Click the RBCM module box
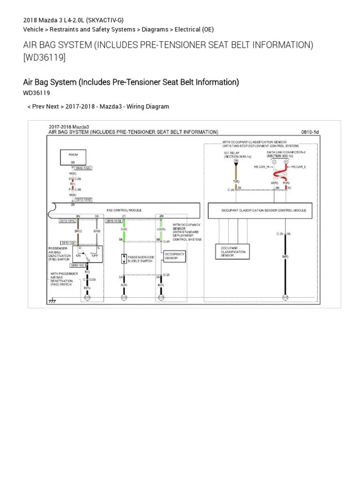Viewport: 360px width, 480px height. pyautogui.click(x=73, y=157)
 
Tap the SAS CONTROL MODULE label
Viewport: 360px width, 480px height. pyautogui.click(x=124, y=210)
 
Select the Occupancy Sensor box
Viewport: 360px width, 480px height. pyautogui.click(x=174, y=256)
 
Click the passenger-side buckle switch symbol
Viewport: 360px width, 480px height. pyautogui.click(x=124, y=258)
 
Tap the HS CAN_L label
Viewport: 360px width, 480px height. pyautogui.click(x=299, y=166)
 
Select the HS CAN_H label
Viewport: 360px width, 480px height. pyautogui.click(x=261, y=166)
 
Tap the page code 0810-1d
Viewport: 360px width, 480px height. pyautogui.click(x=310, y=133)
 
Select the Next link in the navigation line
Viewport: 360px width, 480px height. pyautogui.click(x=53, y=106)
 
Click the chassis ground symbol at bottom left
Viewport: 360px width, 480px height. pyautogui.click(x=52, y=300)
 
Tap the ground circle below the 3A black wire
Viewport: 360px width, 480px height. pyautogui.click(x=285, y=297)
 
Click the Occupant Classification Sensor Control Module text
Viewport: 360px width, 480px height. pyautogui.click(x=263, y=210)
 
